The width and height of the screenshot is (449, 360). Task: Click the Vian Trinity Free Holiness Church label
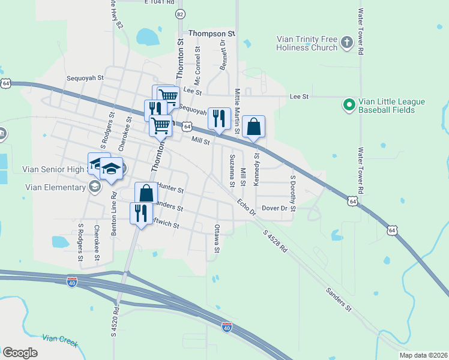(x=307, y=43)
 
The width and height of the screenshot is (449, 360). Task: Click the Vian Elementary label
(x=56, y=187)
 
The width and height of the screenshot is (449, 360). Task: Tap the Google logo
(x=20, y=352)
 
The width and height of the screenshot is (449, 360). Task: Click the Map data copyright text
(x=423, y=355)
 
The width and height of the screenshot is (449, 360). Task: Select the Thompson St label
(x=211, y=34)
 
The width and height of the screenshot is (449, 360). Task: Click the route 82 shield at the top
(x=180, y=14)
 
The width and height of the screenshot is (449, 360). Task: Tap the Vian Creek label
(x=61, y=340)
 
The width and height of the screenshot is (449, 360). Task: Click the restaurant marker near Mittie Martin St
(x=219, y=118)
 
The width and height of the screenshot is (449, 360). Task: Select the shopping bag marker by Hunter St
(x=146, y=194)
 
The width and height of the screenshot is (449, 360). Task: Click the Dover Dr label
(x=276, y=208)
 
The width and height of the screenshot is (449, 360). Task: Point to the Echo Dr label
(x=246, y=207)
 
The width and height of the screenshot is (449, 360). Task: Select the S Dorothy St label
(x=293, y=194)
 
